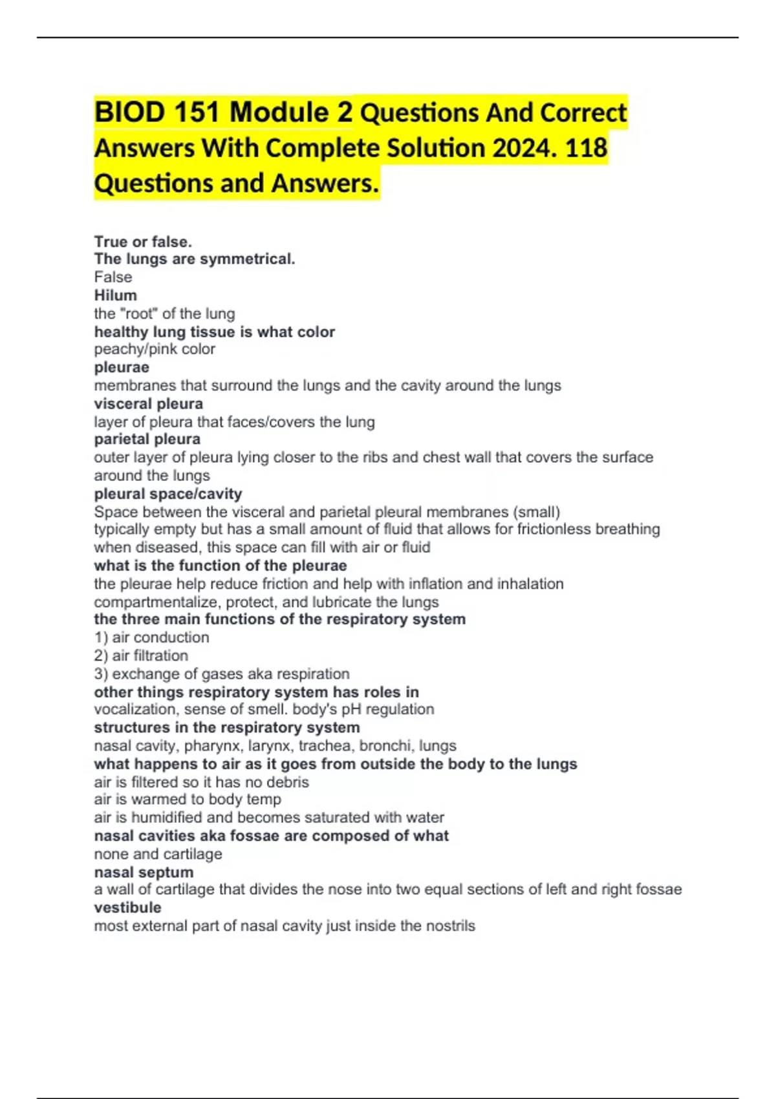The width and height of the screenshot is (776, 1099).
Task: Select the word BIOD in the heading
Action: (x=129, y=112)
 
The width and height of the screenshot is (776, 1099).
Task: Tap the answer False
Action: (x=113, y=277)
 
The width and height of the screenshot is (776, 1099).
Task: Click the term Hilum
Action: (x=116, y=295)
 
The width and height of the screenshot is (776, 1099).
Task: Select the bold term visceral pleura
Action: (x=149, y=404)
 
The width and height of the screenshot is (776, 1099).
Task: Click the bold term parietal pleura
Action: (x=147, y=440)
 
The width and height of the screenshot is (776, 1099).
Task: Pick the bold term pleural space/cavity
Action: (x=168, y=494)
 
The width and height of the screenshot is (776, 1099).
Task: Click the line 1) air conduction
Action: (x=151, y=637)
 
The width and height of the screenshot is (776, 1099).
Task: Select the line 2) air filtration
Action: (x=141, y=656)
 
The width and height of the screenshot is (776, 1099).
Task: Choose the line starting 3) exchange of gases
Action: (x=221, y=674)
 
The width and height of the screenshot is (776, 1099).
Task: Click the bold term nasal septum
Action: (x=144, y=872)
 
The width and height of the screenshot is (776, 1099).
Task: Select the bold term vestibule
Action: (x=127, y=908)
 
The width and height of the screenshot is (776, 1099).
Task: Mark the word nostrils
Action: (x=449, y=926)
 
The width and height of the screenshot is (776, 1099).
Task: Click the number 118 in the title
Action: (x=586, y=148)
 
